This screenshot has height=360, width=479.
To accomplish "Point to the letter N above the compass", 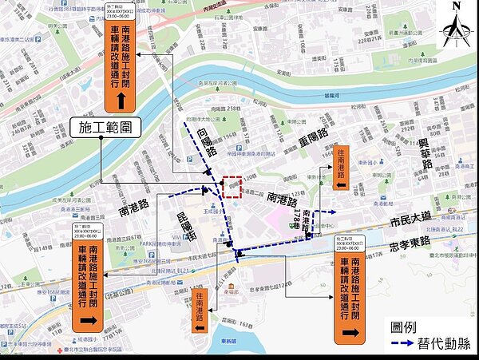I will point(456,6).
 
